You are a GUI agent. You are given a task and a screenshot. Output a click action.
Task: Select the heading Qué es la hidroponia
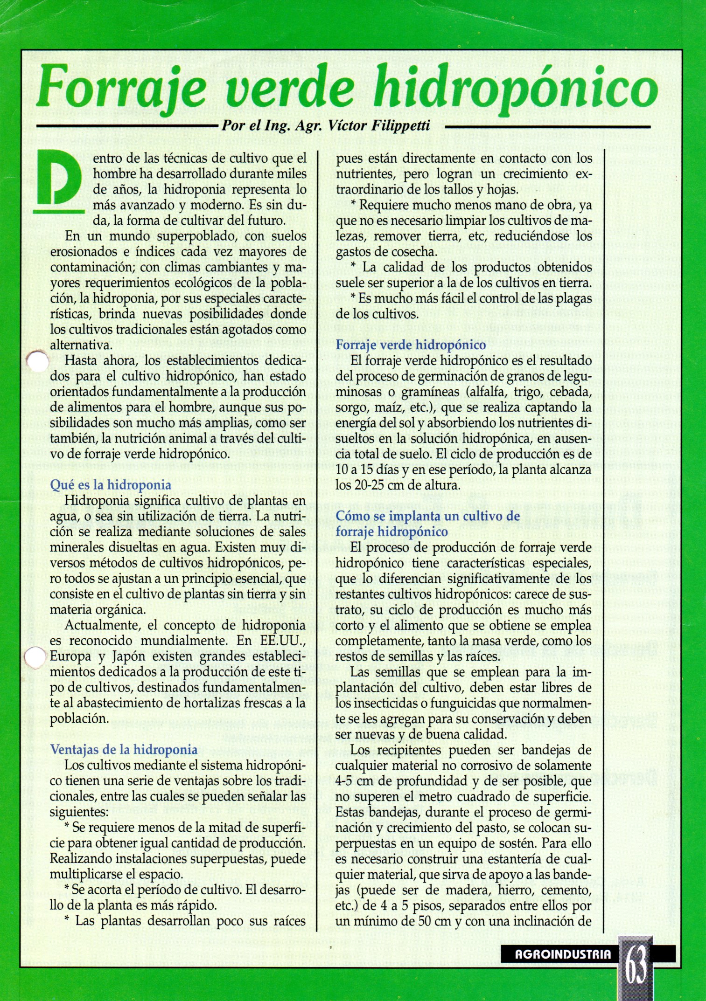111,485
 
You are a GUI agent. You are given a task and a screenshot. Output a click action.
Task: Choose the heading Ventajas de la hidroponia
124,749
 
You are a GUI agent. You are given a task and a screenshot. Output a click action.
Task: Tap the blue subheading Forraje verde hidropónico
411,345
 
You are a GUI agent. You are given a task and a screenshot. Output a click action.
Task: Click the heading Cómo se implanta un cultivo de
427,516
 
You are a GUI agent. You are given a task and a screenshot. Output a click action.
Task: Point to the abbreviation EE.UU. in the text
283,641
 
